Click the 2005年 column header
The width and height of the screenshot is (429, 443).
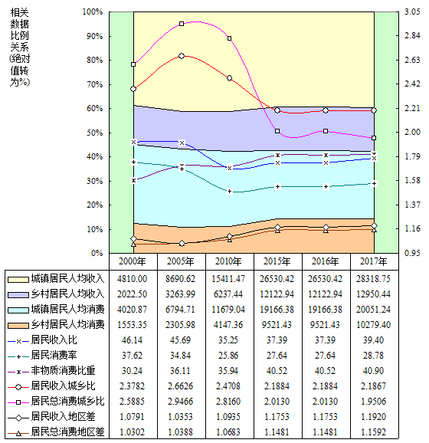point(181,261)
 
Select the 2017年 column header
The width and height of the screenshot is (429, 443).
point(373,261)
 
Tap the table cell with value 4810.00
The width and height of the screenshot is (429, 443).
point(133,279)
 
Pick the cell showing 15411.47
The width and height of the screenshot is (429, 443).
point(228,279)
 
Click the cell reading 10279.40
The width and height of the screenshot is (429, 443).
point(373,325)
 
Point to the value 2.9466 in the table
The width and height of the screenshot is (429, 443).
point(181,401)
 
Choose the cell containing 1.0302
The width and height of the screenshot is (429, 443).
point(133,432)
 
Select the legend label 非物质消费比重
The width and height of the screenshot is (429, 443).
point(63,370)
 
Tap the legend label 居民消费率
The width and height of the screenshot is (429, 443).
point(54,355)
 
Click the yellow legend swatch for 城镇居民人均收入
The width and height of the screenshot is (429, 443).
point(18,280)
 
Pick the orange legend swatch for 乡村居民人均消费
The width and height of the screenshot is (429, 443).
point(18,326)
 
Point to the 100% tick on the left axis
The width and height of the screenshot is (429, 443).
point(93,11)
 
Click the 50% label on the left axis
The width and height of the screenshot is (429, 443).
point(94,133)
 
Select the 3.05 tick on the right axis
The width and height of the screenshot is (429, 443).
point(412,11)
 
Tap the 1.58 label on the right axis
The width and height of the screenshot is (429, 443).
point(412,180)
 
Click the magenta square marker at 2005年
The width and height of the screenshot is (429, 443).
point(182,24)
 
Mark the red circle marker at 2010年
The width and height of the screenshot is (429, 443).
point(229,78)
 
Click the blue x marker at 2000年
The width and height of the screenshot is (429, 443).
point(133,142)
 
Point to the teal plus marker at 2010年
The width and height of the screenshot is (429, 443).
point(230,192)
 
